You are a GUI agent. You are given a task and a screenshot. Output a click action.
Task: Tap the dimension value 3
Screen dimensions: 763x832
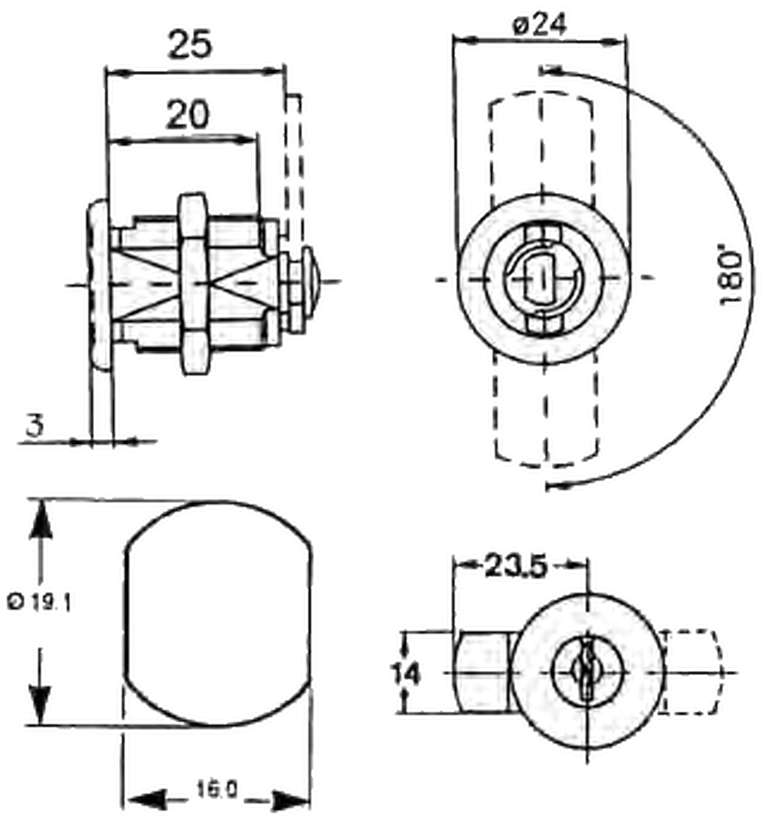(x=35, y=426)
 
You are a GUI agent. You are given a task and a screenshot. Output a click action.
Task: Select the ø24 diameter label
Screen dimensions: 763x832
(x=540, y=25)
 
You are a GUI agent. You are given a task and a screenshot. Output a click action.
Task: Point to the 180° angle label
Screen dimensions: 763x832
(x=731, y=277)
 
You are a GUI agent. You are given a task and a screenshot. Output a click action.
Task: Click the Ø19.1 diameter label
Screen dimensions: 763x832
(x=39, y=602)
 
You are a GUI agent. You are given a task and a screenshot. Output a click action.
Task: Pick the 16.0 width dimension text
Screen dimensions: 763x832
(x=217, y=790)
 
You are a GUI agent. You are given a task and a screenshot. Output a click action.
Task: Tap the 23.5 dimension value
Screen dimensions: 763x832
(x=516, y=566)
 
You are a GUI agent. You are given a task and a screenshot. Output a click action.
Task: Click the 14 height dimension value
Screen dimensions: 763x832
(x=406, y=674)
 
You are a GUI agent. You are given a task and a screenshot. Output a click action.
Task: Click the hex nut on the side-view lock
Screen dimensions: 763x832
(x=193, y=284)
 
